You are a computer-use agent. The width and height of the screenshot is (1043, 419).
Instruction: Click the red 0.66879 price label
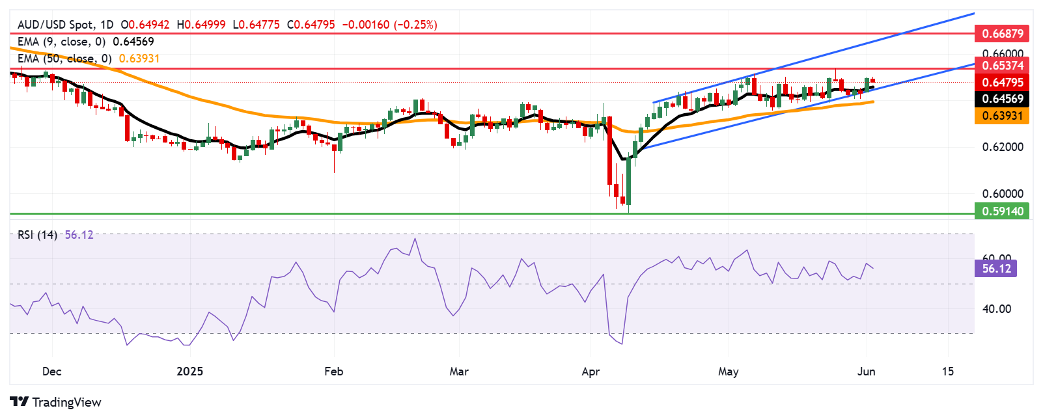pyautogui.click(x=1002, y=33)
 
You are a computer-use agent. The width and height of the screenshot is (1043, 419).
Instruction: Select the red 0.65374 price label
pyautogui.click(x=1002, y=65)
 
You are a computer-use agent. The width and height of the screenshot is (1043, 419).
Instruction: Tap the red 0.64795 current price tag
pyautogui.click(x=1002, y=82)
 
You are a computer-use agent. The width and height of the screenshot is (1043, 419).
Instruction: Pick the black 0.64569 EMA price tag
pyautogui.click(x=1002, y=99)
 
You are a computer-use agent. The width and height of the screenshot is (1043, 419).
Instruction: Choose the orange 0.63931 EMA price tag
pyautogui.click(x=1002, y=116)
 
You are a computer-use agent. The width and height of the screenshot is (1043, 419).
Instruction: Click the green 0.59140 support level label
pyautogui.click(x=1002, y=211)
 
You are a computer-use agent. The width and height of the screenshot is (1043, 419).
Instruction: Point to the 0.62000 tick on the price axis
pyautogui.click(x=1003, y=147)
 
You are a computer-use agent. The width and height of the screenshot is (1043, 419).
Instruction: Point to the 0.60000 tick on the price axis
pyautogui.click(x=1003, y=194)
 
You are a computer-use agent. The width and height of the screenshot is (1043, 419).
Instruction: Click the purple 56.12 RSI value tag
pyautogui.click(x=996, y=268)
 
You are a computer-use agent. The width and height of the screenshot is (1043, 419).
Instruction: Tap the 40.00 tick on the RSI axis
pyautogui.click(x=996, y=309)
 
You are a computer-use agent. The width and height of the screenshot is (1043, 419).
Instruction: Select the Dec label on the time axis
pyautogui.click(x=51, y=372)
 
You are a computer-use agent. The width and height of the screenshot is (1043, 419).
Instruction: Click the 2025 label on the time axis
pyautogui.click(x=189, y=372)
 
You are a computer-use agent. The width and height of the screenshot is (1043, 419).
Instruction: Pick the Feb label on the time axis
pyautogui.click(x=333, y=372)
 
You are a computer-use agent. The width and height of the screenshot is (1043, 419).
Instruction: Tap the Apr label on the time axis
pyautogui.click(x=590, y=372)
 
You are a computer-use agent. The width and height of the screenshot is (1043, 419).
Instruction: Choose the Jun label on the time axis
pyautogui.click(x=866, y=372)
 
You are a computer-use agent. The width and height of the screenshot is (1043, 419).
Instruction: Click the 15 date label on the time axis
pyautogui.click(x=948, y=372)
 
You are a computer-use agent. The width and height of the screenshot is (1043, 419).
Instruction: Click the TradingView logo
pyautogui.click(x=56, y=402)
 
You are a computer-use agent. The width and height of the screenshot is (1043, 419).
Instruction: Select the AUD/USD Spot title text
pyautogui.click(x=56, y=25)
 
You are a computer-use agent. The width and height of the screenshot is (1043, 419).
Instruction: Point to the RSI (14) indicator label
pyautogui.click(x=37, y=235)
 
